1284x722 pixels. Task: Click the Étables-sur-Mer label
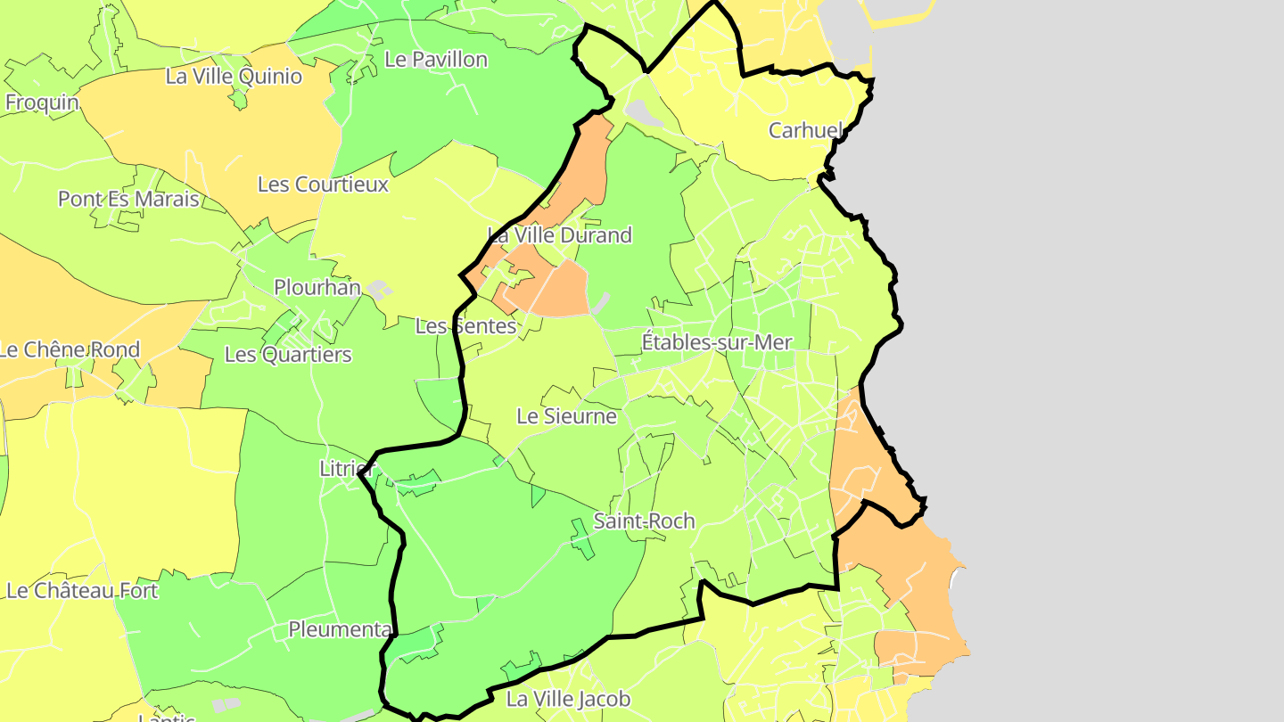[717, 342]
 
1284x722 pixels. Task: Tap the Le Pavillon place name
[436, 60]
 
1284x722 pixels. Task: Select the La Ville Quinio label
[234, 77]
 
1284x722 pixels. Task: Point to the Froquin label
[42, 103]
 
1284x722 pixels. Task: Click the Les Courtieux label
[323, 185]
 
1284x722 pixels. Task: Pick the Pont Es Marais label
[128, 199]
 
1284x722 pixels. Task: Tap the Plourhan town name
[317, 288]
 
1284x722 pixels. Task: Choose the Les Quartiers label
[288, 355]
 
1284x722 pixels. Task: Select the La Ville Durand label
[559, 235]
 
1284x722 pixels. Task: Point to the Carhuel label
[804, 131]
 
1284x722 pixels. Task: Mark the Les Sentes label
[465, 326]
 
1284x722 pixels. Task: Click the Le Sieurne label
[566, 416]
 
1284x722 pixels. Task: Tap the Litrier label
[346, 469]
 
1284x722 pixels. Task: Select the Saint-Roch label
[644, 521]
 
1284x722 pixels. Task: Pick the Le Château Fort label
[82, 591]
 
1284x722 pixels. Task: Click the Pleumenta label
[340, 630]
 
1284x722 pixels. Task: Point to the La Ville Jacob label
[568, 699]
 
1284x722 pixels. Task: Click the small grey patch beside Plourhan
[379, 290]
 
